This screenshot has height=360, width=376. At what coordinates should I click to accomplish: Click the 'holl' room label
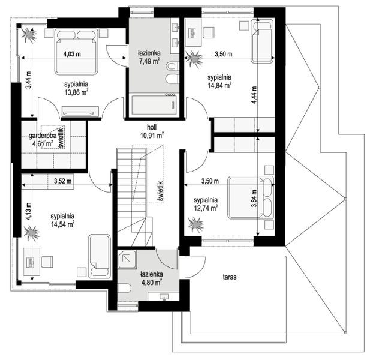tap(152, 127)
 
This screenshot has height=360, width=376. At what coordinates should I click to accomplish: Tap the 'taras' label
tap(230, 277)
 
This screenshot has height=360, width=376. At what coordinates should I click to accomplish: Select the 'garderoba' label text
tap(43, 136)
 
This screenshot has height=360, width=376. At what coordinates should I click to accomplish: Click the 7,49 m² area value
tap(149, 61)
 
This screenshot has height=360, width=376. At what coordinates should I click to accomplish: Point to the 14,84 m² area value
tap(219, 85)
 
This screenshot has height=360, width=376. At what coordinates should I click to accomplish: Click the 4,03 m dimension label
tap(72, 54)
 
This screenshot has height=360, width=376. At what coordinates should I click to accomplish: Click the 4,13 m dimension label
tap(29, 211)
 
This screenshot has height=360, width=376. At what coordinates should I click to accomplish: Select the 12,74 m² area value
tap(206, 208)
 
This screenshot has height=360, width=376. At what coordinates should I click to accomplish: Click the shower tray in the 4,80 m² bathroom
tap(127, 258)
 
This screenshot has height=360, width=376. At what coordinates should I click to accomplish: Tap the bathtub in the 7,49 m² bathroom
tap(154, 105)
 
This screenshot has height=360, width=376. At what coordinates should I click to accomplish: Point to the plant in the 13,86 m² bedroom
tap(29, 35)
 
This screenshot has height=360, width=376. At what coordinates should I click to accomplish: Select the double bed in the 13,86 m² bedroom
tap(77, 52)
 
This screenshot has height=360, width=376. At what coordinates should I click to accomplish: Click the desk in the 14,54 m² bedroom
tap(32, 262)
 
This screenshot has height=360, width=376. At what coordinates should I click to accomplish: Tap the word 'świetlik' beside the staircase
tap(161, 191)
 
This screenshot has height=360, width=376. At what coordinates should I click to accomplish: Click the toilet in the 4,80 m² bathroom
tap(125, 288)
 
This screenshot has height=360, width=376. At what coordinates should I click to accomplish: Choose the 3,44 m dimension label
tap(29, 80)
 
